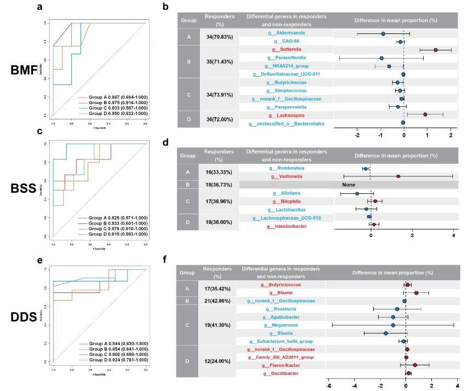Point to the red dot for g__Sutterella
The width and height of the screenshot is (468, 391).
coord(436,50)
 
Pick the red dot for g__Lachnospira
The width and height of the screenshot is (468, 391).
coord(425,114)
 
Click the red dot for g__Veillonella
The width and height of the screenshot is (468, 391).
coord(398,176)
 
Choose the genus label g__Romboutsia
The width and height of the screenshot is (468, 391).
coord(287,168)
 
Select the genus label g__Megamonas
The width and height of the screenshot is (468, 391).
coord(287,325)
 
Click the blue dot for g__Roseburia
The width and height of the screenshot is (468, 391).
coord(397,309)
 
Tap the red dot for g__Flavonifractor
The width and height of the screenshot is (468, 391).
coord(415,365)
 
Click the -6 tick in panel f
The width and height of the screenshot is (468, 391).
coord(328,385)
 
